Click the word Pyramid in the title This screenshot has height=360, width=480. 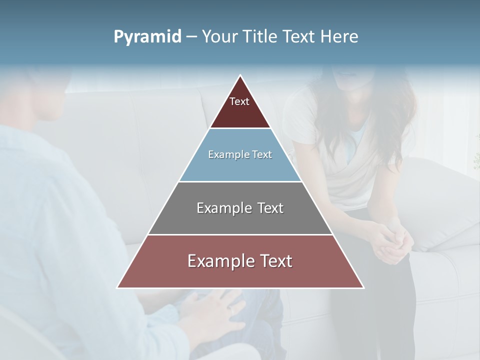147,37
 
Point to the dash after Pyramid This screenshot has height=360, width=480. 191,37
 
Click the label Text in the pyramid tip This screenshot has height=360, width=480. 239,101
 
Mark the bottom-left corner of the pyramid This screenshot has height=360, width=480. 117,287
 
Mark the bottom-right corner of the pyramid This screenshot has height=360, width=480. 363,287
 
